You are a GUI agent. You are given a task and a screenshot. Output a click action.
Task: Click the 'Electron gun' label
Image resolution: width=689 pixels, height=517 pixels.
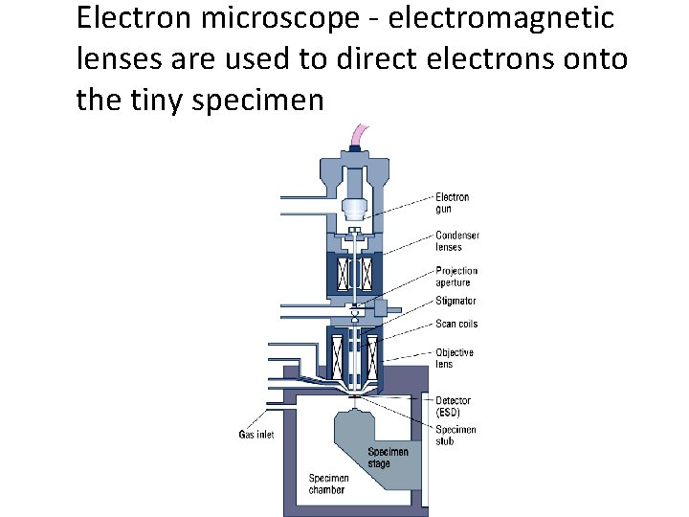click(x=453, y=203)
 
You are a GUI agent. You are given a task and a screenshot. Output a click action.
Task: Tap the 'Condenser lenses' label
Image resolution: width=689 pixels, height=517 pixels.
click(x=456, y=241)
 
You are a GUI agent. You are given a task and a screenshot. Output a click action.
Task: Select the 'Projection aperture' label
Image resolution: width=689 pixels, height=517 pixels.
click(x=456, y=276)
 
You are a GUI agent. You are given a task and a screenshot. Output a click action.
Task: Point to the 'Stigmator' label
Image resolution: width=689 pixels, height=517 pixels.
click(x=456, y=302)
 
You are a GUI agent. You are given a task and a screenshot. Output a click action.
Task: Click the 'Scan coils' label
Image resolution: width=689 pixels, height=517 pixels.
click(x=456, y=324)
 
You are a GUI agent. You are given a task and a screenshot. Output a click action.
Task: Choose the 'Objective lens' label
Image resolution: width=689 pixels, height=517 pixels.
click(x=455, y=358)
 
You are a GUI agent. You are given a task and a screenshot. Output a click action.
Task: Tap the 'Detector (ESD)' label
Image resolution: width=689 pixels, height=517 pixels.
click(x=453, y=406)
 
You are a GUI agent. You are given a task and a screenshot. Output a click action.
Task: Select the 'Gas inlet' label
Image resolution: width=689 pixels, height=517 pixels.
click(x=256, y=435)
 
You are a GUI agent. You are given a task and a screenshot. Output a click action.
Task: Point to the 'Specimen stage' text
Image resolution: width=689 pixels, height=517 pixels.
click(x=388, y=458)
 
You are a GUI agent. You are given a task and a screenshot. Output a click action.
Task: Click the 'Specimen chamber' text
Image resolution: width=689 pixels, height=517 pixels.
click(x=328, y=483)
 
